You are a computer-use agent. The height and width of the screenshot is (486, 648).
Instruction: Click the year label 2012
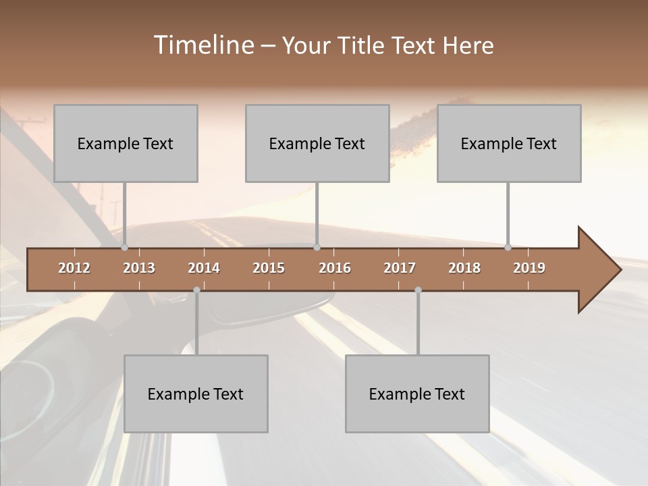(x=74, y=268)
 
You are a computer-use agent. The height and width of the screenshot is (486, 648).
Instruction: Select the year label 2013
(x=139, y=268)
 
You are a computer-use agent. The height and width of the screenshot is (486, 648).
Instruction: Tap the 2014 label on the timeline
(x=204, y=268)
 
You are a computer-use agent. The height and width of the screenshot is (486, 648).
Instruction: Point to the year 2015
(x=269, y=268)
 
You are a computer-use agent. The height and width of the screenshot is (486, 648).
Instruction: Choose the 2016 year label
(x=335, y=268)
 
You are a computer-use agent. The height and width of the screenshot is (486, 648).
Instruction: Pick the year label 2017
(x=400, y=268)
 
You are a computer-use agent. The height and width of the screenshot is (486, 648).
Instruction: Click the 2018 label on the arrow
(x=464, y=268)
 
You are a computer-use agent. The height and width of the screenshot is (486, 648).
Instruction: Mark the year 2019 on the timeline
(x=529, y=268)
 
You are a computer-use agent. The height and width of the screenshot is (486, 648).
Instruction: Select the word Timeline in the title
(x=202, y=45)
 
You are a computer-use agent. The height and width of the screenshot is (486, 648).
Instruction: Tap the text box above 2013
(x=126, y=143)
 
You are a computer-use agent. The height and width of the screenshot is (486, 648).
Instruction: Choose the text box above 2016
(x=317, y=143)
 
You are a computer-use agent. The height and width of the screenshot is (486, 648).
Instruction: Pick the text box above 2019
(x=509, y=143)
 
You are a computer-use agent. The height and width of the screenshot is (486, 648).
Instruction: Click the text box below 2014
(x=196, y=394)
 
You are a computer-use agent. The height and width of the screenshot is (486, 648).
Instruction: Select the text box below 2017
(x=417, y=394)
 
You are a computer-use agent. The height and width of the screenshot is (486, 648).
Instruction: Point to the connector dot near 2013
(x=124, y=248)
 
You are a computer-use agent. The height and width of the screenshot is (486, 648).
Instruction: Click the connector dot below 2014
(x=196, y=290)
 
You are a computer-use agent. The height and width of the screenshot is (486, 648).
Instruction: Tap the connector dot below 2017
(x=418, y=290)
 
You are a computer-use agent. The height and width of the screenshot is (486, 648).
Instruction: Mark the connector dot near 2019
(x=508, y=248)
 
